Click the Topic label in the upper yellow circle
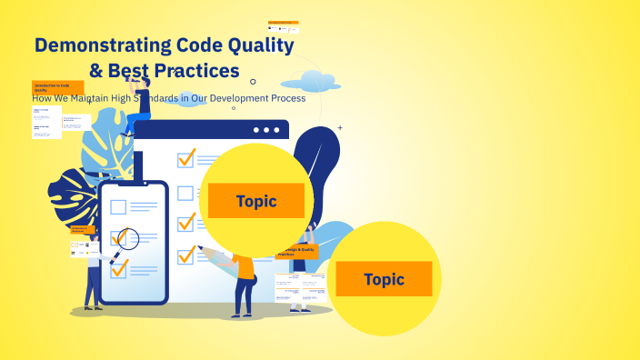tap(255, 201)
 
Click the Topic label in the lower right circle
tap(384, 279)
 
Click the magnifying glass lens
tap(127, 239)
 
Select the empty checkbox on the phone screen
tap(117, 206)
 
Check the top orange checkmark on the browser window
tap(186, 158)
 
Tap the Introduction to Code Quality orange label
tap(57, 87)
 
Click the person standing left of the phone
tap(93, 273)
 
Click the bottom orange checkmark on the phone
tap(119, 267)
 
